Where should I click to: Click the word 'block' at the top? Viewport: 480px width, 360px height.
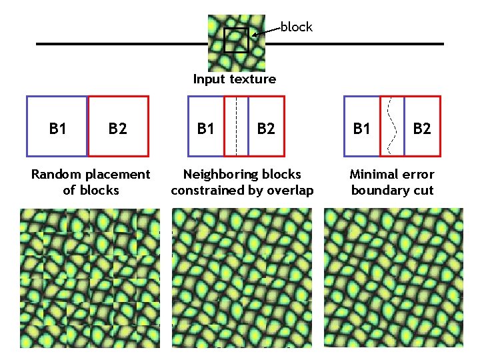pyautogui.click(x=296, y=27)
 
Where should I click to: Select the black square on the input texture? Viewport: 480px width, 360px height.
pyautogui.click(x=236, y=41)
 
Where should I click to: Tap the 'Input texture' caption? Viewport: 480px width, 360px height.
pyautogui.click(x=234, y=79)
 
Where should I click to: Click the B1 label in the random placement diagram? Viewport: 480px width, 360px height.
pyautogui.click(x=57, y=128)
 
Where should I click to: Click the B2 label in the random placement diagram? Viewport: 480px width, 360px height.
pyautogui.click(x=117, y=128)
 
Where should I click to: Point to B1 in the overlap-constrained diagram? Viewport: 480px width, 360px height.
pyautogui.click(x=205, y=128)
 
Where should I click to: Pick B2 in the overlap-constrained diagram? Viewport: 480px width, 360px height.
pyautogui.click(x=265, y=128)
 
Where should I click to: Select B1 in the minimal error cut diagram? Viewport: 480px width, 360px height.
pyautogui.click(x=361, y=128)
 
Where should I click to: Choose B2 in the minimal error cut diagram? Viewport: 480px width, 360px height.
pyautogui.click(x=421, y=128)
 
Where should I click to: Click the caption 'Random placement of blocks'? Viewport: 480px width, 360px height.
pyautogui.click(x=91, y=182)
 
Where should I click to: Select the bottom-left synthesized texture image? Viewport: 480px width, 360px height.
pyautogui.click(x=90, y=277)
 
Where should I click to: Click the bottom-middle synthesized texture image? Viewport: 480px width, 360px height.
pyautogui.click(x=241, y=277)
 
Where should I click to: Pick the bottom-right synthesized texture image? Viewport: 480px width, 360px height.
pyautogui.click(x=393, y=277)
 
